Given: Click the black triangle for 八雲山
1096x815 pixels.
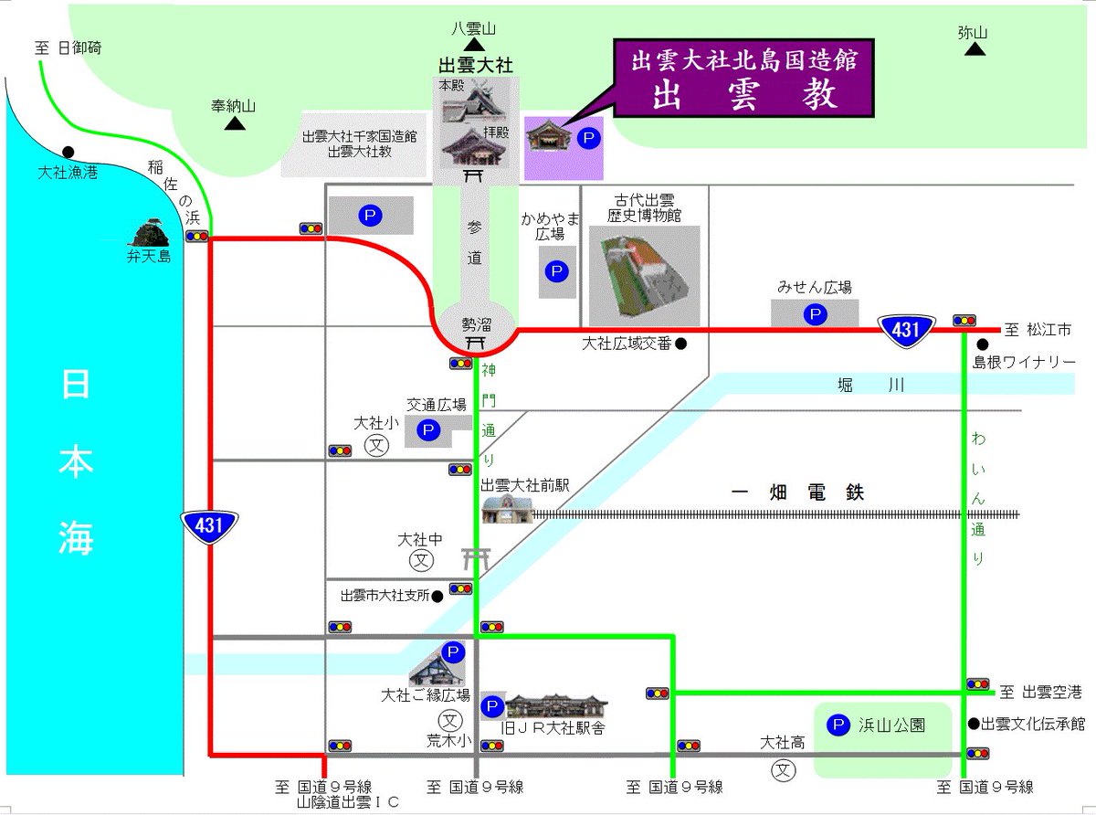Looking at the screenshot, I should [473, 45].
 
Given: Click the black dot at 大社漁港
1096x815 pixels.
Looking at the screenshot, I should [68, 152].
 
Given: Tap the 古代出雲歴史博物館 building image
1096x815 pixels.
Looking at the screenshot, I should [643, 275].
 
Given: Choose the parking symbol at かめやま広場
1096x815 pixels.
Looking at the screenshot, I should [555, 271].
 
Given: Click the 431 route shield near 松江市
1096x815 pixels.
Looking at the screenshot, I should [905, 330].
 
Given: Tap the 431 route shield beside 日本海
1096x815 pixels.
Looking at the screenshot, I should [209, 524].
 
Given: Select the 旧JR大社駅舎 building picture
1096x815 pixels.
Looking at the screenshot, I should [557, 705].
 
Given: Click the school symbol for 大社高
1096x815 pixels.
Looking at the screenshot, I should [784, 770].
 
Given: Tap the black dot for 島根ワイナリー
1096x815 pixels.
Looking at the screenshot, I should [983, 345].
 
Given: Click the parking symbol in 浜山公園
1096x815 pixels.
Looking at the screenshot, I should [835, 725].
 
